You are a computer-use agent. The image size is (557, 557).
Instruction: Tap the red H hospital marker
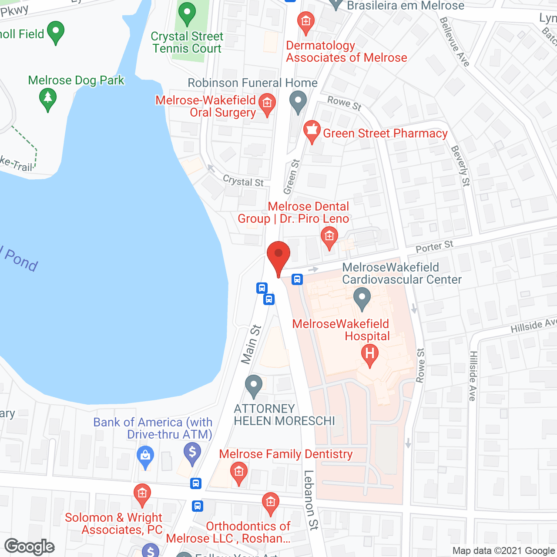[x=369, y=354]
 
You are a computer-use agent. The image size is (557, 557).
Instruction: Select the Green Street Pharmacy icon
[x=312, y=131]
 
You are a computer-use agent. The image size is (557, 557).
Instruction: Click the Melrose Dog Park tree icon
[x=48, y=99]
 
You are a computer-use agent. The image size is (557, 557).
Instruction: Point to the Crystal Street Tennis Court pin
[x=187, y=13]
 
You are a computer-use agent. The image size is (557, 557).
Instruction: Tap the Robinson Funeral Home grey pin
[x=298, y=103]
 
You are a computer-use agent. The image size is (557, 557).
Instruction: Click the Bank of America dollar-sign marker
[x=192, y=453]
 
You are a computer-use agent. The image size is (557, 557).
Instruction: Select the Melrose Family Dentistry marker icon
[x=238, y=473]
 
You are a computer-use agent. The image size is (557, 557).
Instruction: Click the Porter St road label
[x=434, y=247]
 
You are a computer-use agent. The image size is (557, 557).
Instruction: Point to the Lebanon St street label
[x=310, y=500]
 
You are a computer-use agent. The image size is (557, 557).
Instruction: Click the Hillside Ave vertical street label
[x=473, y=376]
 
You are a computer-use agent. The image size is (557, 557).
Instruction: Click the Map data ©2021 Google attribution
[x=504, y=551]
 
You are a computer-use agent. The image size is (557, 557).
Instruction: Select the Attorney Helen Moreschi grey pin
[x=254, y=386]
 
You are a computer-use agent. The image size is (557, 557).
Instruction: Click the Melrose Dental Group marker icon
[x=329, y=237]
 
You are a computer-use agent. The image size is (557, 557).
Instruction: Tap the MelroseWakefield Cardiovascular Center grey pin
[x=362, y=299]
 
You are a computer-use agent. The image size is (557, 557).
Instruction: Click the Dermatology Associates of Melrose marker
[x=306, y=22]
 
